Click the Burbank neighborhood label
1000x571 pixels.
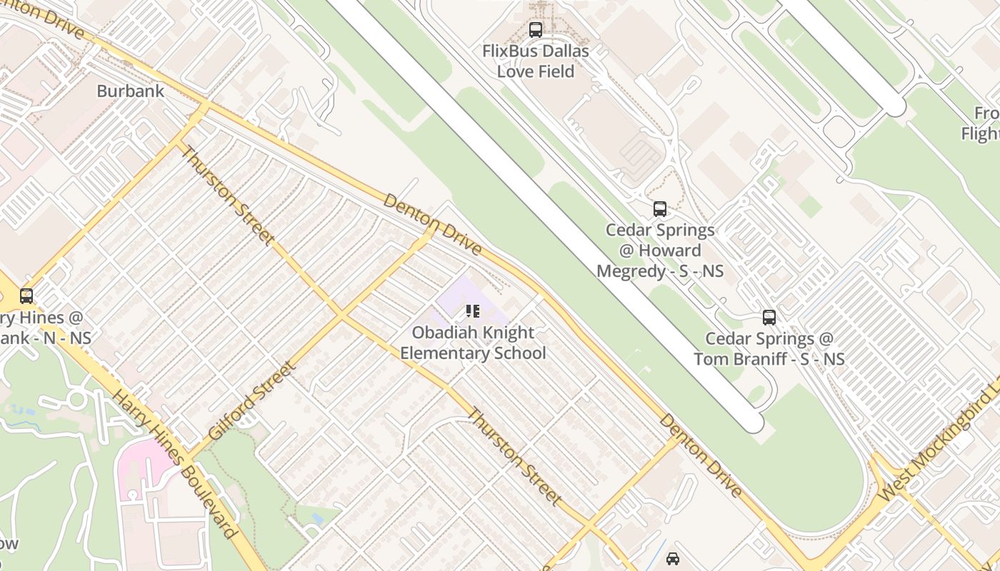(130, 91)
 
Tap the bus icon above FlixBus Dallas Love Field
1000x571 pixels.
(535, 30)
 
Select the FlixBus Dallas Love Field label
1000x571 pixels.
(536, 61)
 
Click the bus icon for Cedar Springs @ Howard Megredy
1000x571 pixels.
(660, 209)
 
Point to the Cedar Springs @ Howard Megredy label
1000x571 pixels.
(660, 251)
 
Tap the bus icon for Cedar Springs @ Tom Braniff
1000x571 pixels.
(769, 318)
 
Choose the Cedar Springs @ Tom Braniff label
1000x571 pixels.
(769, 348)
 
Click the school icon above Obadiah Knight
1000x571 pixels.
(472, 311)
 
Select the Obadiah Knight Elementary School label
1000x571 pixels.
(473, 343)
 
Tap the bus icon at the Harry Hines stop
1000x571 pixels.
(26, 295)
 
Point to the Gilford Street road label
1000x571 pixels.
(251, 400)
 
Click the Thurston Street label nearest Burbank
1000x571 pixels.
(226, 195)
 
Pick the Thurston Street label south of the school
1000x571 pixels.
(514, 457)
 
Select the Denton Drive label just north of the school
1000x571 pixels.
(432, 224)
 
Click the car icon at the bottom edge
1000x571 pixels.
(672, 559)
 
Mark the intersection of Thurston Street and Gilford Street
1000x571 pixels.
(341, 314)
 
